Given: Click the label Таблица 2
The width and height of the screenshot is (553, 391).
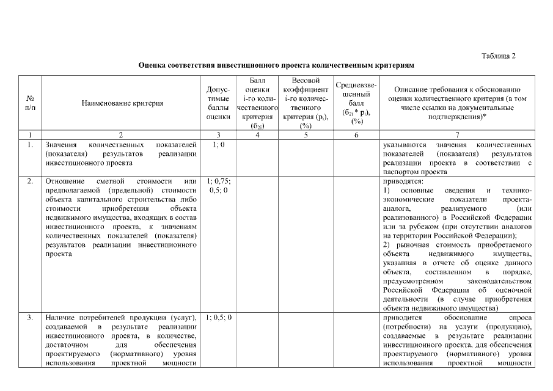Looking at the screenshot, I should pos(499,56).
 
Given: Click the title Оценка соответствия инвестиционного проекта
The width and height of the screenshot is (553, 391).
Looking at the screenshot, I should pos(276,65).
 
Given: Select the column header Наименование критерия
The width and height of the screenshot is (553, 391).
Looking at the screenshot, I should pos(122,103).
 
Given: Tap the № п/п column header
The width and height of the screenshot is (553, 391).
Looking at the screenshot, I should pos(30,103).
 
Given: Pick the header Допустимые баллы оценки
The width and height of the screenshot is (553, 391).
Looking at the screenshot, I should pos(218,103).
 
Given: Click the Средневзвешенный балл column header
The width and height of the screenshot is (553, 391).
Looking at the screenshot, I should pos(356,103).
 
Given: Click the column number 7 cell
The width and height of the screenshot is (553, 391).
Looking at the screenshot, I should pos(457,134).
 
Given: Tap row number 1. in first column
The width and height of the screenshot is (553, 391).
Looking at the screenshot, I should pos(30,145).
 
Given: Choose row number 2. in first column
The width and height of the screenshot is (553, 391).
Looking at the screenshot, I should pos(30,182).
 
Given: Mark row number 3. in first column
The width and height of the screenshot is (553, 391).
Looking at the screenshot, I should pos(30,318).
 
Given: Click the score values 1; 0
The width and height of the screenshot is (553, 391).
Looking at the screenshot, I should pos(218,145).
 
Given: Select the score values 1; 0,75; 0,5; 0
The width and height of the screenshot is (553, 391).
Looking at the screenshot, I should pos(218,186).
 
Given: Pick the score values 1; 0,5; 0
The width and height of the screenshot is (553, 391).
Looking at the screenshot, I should pos(218,318).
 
